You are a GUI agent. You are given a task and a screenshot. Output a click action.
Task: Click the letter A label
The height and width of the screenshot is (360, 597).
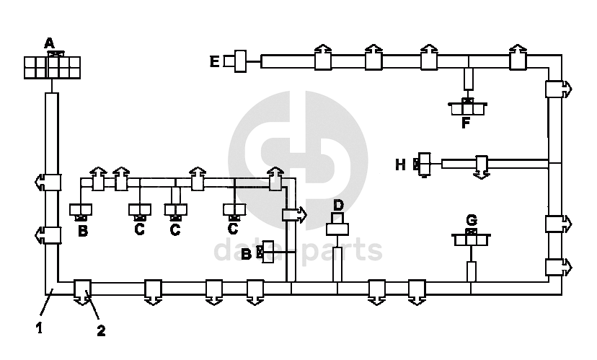[49, 43]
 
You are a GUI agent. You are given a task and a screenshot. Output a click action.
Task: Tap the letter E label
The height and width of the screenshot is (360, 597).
[214, 61]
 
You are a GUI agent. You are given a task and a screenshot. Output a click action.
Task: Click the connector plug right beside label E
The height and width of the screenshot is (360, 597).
[238, 61]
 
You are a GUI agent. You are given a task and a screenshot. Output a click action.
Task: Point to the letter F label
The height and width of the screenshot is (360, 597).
[466, 123]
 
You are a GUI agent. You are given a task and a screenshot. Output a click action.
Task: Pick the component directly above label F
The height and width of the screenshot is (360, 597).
[467, 106]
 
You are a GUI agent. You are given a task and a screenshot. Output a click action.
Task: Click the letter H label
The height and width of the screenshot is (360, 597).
[401, 164]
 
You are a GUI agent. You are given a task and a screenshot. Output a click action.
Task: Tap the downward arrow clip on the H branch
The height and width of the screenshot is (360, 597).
[482, 166]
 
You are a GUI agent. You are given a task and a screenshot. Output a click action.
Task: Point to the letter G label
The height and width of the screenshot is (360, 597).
[471, 219]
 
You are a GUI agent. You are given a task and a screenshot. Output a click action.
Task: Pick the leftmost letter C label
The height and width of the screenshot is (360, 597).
[139, 230]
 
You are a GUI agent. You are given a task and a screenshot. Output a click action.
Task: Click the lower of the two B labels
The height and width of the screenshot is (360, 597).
[247, 253]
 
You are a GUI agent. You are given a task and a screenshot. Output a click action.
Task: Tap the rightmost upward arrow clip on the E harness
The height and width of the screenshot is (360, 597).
[518, 58]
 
